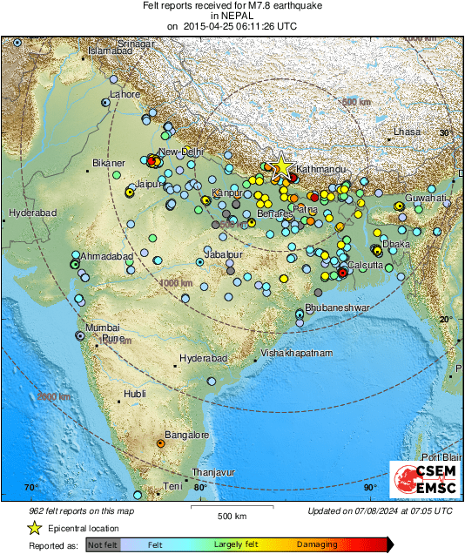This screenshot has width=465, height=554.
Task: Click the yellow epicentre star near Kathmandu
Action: [281, 168]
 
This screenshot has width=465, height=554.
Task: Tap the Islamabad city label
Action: [108, 51]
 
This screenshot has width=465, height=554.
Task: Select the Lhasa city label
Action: [407, 132]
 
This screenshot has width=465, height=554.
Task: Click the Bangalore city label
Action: [187, 435]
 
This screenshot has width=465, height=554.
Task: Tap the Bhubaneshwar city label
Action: [333, 308]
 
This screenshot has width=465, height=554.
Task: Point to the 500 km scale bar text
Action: [231, 517]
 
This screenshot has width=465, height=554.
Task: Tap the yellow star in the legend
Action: [35, 528]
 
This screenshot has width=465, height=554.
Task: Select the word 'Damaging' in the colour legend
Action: [317, 544]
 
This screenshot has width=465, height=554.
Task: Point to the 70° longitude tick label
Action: [31, 487]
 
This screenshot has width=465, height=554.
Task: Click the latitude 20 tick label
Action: [447, 320]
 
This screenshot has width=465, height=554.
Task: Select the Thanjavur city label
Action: [213, 471]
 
